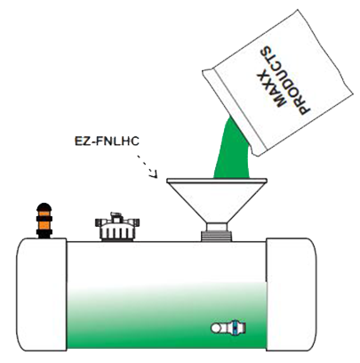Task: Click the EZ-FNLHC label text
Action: point(107,141)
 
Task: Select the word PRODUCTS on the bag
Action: point(285,80)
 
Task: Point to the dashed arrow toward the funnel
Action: point(148,166)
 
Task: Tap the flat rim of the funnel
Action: point(217,181)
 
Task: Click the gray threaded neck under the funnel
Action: point(217,237)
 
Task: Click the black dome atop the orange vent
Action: point(44,206)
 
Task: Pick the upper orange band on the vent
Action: point(44,214)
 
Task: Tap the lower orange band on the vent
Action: point(44,226)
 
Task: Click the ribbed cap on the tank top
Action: point(117,230)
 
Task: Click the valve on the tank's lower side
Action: point(228,328)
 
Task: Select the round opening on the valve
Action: point(215,328)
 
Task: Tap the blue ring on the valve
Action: point(234,328)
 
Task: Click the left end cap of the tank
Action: point(42,294)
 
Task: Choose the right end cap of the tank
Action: point(292,294)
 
